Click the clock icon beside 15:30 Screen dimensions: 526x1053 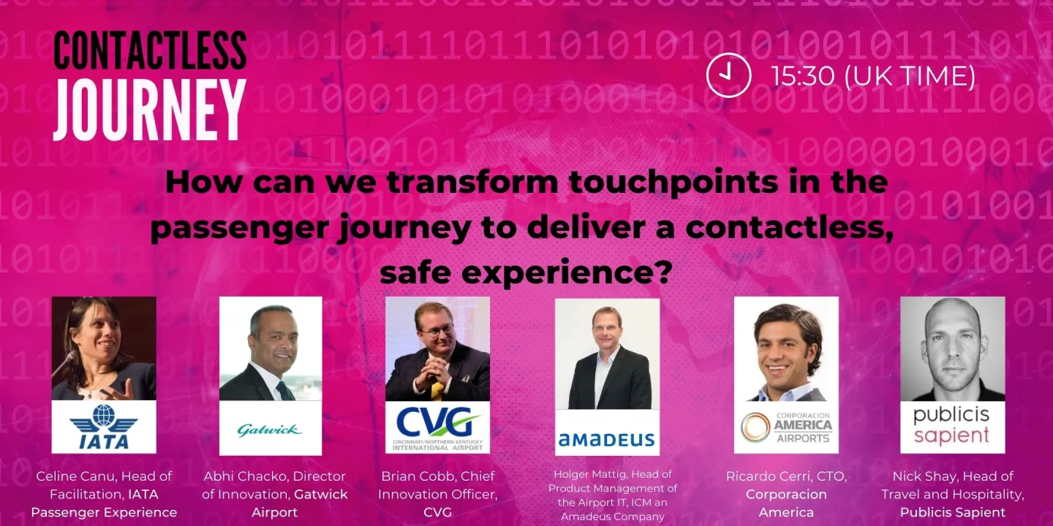click(x=728, y=75)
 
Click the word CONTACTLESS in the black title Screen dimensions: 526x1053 click(x=149, y=51)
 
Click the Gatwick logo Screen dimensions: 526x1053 click(x=270, y=429)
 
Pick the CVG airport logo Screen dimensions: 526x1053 click(x=437, y=426)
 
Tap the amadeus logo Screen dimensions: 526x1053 click(x=606, y=439)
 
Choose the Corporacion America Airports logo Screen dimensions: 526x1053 click(x=786, y=427)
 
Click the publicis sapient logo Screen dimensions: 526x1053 click(x=951, y=425)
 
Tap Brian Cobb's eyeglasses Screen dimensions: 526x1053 click(x=436, y=330)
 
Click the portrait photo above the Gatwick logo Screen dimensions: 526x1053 click(x=271, y=348)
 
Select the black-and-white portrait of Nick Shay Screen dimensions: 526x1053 click(x=952, y=348)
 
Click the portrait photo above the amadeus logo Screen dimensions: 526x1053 click(x=607, y=354)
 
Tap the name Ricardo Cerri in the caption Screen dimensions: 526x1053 click(x=765, y=476)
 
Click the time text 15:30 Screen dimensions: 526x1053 click(x=804, y=76)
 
